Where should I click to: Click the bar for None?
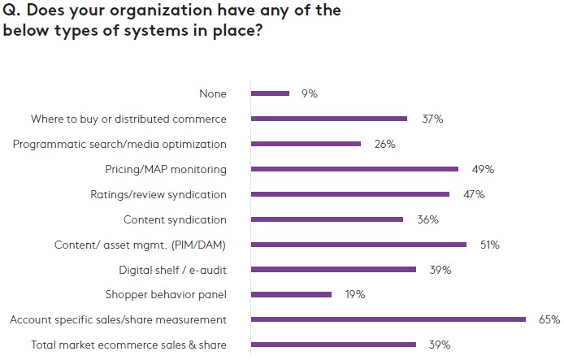click(x=270, y=93)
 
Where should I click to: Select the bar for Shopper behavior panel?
click(x=291, y=294)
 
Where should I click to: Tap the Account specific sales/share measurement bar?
click(x=388, y=319)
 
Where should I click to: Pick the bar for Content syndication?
click(x=327, y=219)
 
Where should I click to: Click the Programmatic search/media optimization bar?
click(x=306, y=144)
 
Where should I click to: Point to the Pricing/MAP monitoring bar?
click(x=354, y=169)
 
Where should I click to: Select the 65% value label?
click(x=549, y=319)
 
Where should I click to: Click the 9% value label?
click(x=309, y=93)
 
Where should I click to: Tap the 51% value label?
click(x=489, y=244)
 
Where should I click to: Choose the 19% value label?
click(x=354, y=294)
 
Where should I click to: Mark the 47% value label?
click(x=473, y=194)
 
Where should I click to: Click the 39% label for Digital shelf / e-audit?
click(x=440, y=269)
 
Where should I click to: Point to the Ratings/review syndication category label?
click(x=158, y=194)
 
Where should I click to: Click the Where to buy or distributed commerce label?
click(x=128, y=119)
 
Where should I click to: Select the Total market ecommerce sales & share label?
click(x=128, y=345)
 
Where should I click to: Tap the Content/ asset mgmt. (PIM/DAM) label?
click(x=140, y=244)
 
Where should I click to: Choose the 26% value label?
click(x=384, y=144)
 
